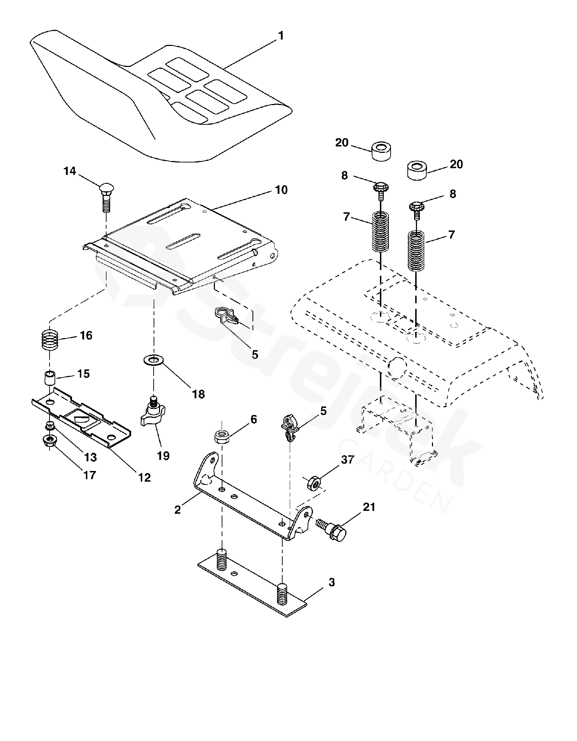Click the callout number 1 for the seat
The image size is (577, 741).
pos(281,36)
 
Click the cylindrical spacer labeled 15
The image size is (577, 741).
pos(50,377)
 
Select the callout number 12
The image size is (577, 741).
pos(145,477)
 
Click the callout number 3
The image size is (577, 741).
pos(331,583)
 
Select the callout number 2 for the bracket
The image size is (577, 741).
pos(177,510)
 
